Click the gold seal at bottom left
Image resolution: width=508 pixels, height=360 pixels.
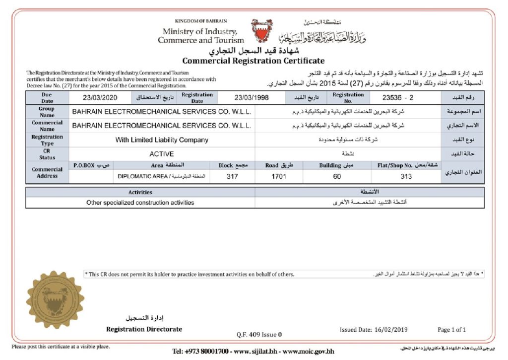55,299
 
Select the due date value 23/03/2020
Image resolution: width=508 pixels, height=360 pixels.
100,98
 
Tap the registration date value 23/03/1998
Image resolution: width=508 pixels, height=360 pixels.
252,98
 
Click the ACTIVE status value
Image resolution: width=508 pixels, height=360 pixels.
162,154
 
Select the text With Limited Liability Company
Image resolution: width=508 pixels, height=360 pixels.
162,140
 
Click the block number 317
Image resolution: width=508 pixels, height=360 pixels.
232,176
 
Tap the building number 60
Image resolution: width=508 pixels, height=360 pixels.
337,176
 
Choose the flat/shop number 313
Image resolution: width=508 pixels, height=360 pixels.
406,176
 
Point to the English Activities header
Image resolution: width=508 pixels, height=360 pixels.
140,192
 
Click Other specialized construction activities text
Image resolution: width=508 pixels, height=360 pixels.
140,203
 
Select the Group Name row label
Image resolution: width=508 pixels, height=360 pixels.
47,112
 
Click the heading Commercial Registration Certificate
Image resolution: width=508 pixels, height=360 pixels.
253,61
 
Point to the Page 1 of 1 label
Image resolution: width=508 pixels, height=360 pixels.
451,330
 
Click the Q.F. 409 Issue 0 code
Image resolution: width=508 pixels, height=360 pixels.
259,334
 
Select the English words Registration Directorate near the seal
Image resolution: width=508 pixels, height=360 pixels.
144,329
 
